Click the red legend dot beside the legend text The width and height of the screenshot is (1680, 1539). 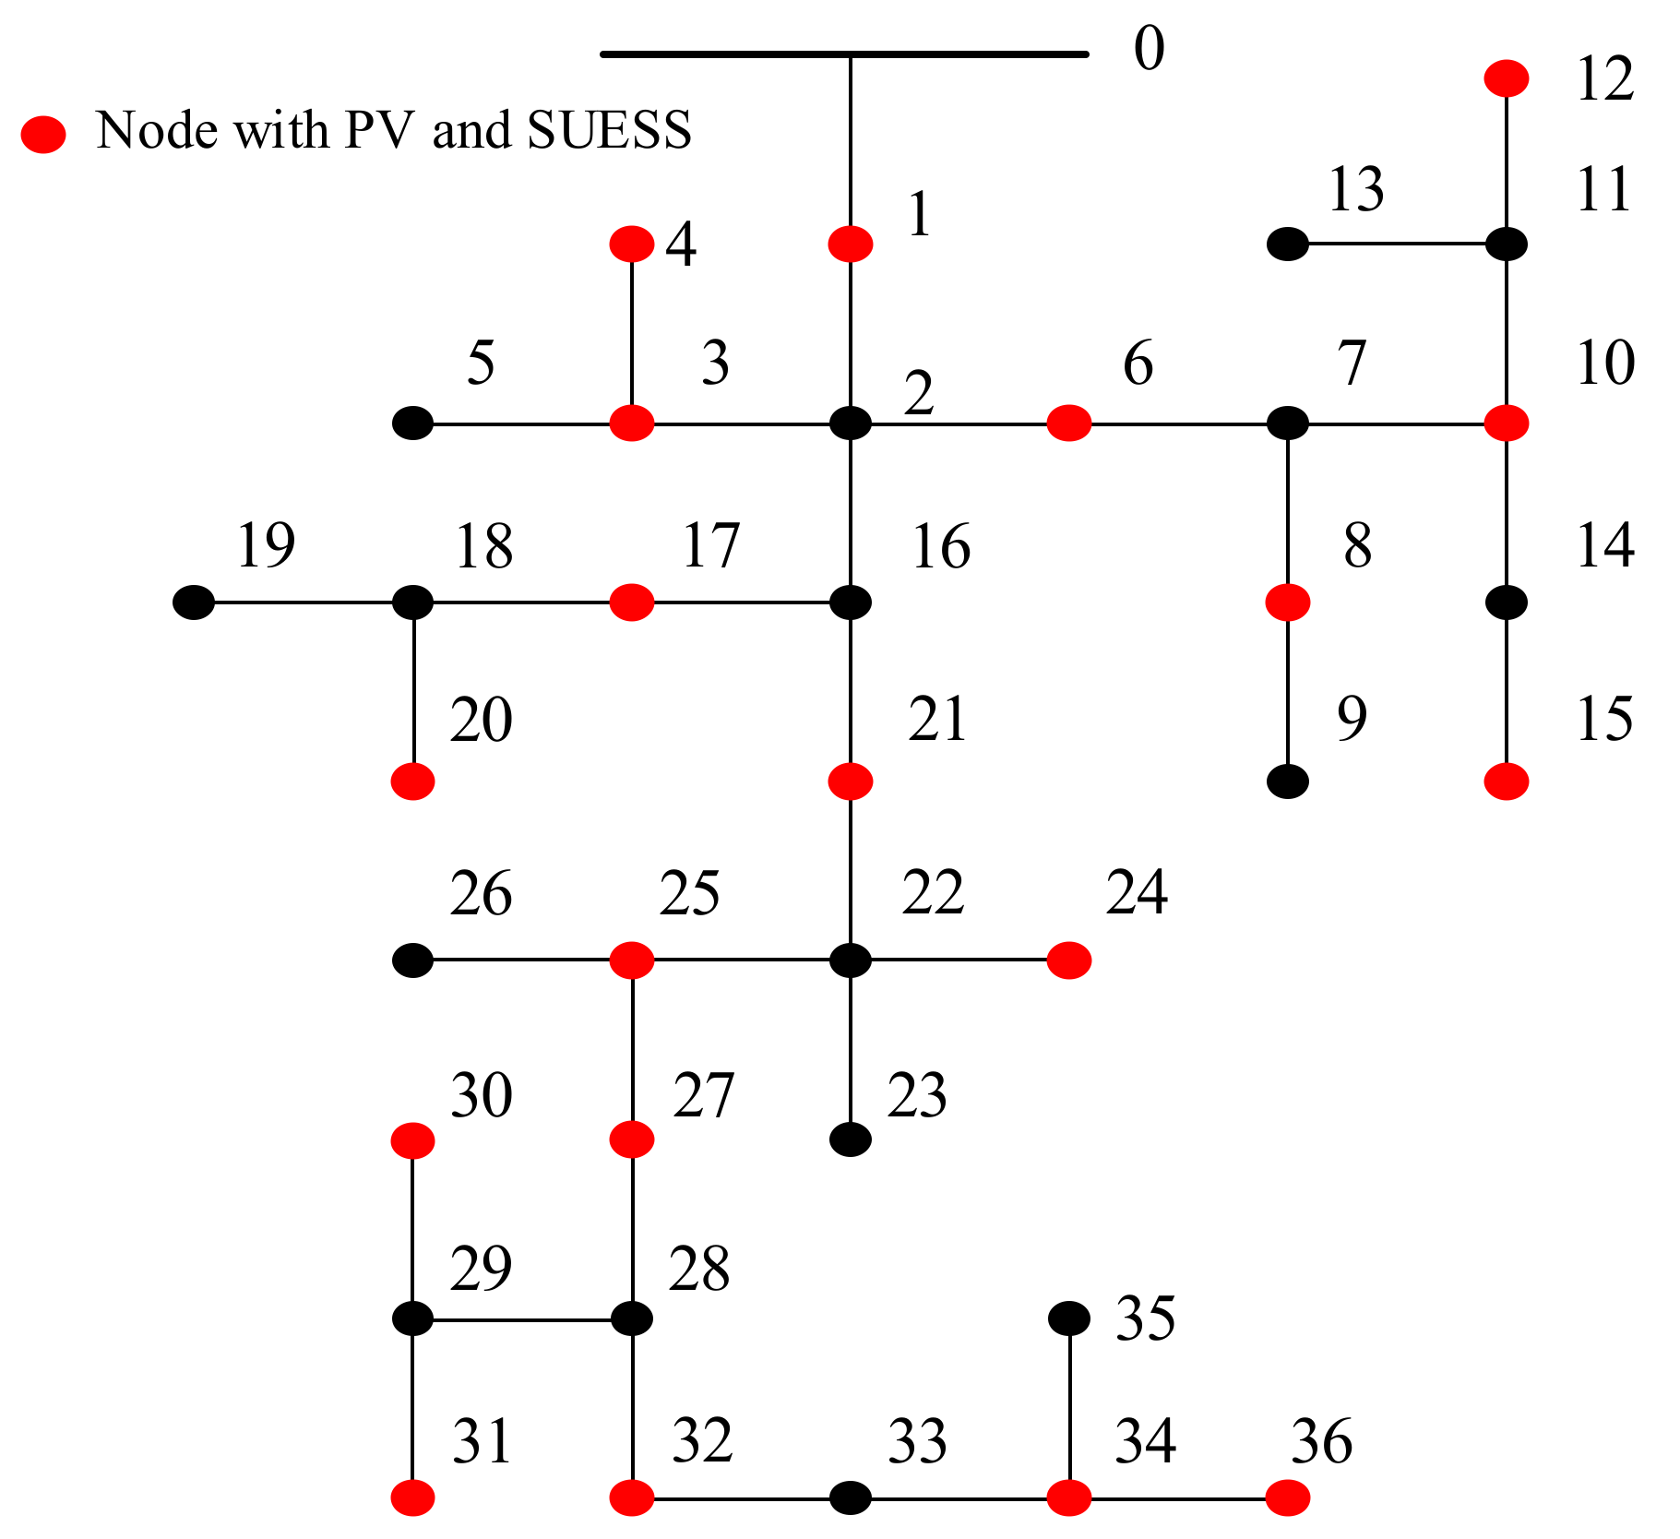click(43, 134)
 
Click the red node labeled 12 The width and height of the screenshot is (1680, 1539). click(1506, 78)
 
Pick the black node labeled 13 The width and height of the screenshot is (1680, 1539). click(1287, 245)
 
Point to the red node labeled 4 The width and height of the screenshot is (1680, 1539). click(632, 245)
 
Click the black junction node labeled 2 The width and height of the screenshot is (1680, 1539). click(850, 424)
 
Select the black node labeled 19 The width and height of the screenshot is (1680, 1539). click(194, 602)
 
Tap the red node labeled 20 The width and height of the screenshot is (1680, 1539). click(412, 781)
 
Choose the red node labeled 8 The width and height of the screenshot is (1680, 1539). click(1287, 602)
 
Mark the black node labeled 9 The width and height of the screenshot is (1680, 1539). click(1287, 781)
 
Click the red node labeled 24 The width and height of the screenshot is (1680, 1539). click(1068, 960)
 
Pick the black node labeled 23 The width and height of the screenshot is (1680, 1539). click(850, 1139)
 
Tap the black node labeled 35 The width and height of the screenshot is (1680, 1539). click(1068, 1318)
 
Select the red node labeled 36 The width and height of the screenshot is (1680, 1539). click(1287, 1497)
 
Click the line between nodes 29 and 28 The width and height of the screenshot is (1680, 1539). click(522, 1319)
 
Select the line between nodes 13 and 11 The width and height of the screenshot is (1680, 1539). click(1397, 245)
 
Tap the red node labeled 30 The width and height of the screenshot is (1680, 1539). click(412, 1140)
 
